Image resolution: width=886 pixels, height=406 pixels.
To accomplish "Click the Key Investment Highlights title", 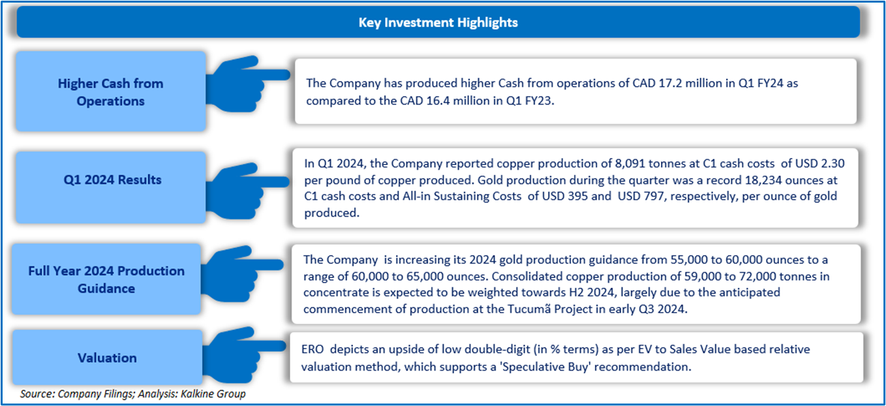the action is (x=438, y=23).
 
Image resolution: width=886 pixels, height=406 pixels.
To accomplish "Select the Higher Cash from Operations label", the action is (x=110, y=92).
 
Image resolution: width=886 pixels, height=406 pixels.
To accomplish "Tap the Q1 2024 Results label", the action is (x=112, y=180).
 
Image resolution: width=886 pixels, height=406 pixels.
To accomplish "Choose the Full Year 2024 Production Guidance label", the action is (x=106, y=279).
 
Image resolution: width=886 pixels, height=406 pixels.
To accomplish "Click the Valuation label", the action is (x=107, y=358).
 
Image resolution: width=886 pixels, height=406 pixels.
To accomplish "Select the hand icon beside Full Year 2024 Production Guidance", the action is (x=242, y=274).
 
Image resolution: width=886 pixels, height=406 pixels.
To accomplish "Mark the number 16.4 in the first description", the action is (x=438, y=101).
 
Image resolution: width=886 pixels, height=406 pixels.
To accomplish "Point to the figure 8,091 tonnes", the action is (x=647, y=163).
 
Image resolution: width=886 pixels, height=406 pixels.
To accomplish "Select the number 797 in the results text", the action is (x=654, y=196).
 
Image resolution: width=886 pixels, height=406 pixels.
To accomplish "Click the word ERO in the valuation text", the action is (x=313, y=349).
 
